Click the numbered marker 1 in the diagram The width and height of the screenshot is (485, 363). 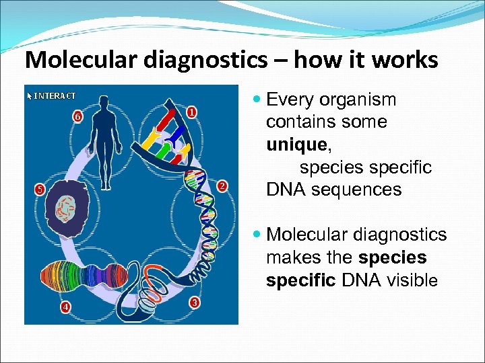pyautogui.click(x=192, y=112)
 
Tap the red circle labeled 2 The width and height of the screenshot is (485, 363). pyautogui.click(x=224, y=186)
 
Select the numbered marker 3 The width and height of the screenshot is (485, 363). pyautogui.click(x=194, y=302)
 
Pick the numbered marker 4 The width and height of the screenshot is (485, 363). pyautogui.click(x=66, y=308)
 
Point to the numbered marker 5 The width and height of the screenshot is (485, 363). pyautogui.click(x=39, y=190)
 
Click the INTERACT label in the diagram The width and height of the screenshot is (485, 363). pyautogui.click(x=51, y=95)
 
